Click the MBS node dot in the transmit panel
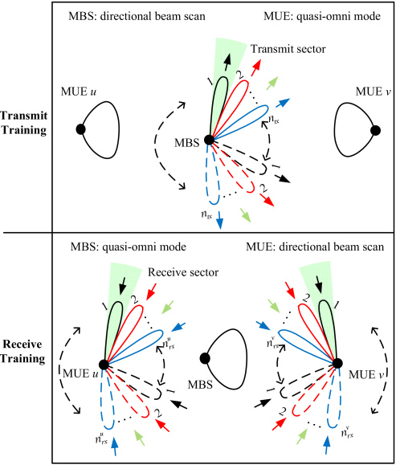point(208,140)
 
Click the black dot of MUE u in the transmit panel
point(80,129)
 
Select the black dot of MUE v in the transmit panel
point(374,129)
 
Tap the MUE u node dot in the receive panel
point(104,364)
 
